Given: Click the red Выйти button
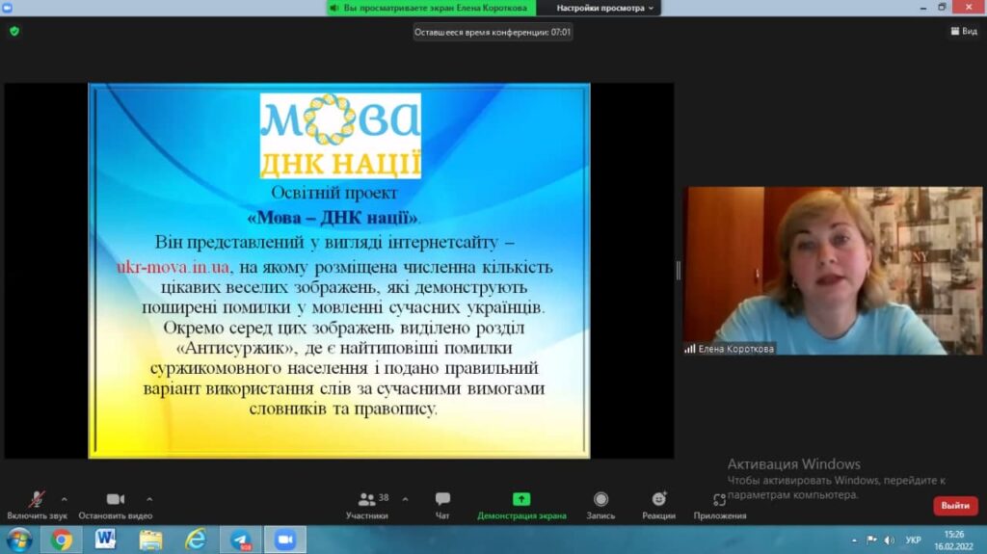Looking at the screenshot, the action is (x=955, y=506).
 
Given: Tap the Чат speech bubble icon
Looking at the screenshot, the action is (x=442, y=499).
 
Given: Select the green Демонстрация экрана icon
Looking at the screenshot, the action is (x=521, y=499).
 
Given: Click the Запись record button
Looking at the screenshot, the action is (x=600, y=499).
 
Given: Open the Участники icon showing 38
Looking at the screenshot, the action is (x=366, y=499).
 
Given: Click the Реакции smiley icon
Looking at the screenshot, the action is (x=659, y=499).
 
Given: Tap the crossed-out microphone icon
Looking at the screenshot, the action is (x=37, y=499).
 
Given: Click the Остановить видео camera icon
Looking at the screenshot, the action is (x=116, y=499).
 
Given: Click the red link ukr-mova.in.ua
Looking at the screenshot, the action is (x=173, y=267).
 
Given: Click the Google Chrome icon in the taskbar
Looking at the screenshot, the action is (x=61, y=541).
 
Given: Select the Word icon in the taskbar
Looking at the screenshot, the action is (x=105, y=540).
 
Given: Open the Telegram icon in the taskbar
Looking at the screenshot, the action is (x=240, y=541).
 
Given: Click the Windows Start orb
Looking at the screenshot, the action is (x=19, y=541).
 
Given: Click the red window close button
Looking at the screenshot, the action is (x=969, y=7).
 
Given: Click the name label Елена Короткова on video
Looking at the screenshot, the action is (x=735, y=349).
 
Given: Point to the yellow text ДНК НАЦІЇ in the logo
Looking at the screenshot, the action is (x=340, y=163).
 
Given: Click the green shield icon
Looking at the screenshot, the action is (x=14, y=31).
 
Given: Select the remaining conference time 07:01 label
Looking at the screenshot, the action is (x=493, y=32).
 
